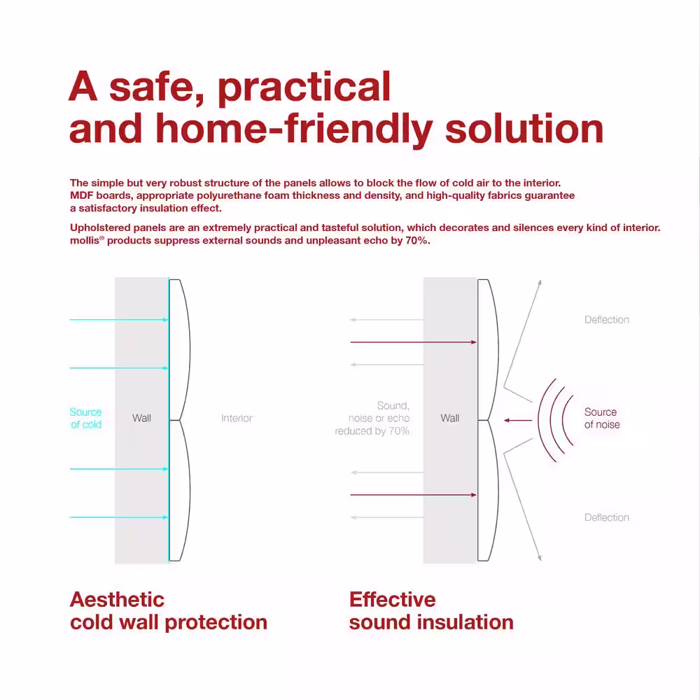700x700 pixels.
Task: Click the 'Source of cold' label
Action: [x=85, y=419]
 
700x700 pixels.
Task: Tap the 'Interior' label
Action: [x=237, y=419]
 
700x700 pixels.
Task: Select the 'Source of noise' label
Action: [x=602, y=419]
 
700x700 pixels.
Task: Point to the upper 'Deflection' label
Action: [x=607, y=320]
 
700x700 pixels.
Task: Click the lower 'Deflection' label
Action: [x=607, y=517]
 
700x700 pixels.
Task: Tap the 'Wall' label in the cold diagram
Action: [x=141, y=419]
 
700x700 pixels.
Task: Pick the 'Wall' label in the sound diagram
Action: [x=449, y=419]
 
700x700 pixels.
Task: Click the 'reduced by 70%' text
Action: [x=372, y=431]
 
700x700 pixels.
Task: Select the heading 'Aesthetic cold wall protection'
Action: [x=168, y=610]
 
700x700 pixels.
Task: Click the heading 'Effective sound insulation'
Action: [x=431, y=610]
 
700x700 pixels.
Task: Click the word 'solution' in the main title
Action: [x=524, y=129]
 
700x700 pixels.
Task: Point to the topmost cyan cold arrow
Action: [x=119, y=320]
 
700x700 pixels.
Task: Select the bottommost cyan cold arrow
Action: [x=119, y=517]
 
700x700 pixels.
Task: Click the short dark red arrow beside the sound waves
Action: [x=518, y=420]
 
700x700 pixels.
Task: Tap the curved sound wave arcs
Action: [x=553, y=420]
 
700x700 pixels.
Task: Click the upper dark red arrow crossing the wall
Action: [x=414, y=342]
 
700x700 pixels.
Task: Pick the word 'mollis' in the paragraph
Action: [x=85, y=241]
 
